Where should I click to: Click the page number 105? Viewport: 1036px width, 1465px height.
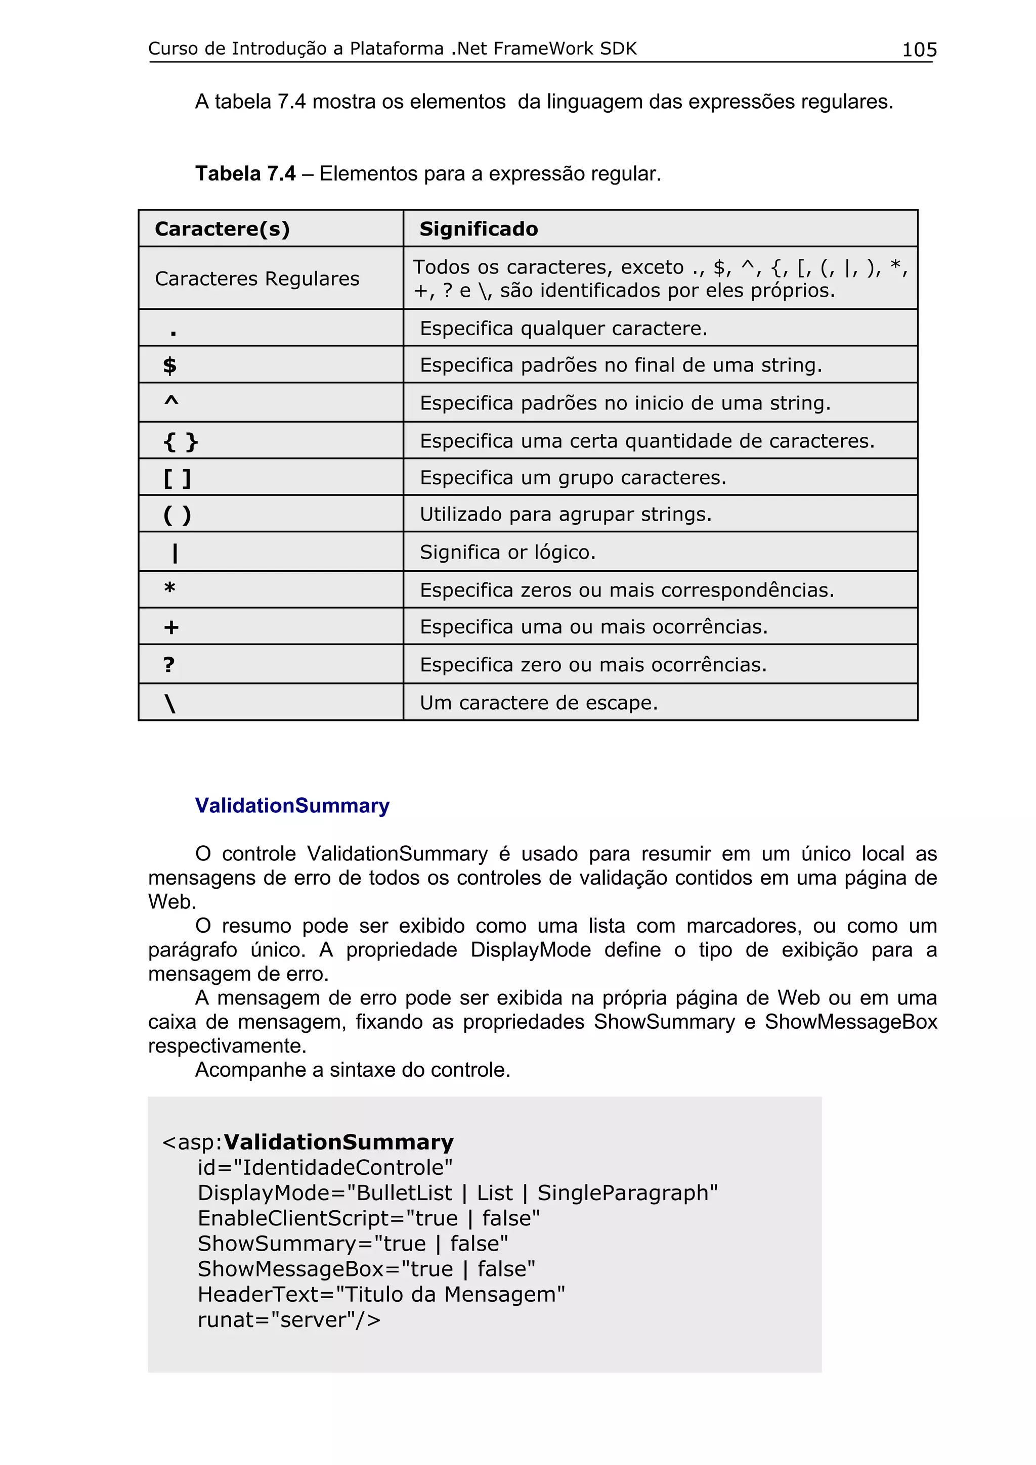(919, 49)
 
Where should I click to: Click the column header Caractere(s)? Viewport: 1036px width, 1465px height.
(222, 228)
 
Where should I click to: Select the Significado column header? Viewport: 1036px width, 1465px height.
(478, 228)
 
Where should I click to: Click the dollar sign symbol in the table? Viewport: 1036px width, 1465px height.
(170, 365)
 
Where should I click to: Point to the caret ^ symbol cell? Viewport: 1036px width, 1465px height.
(171, 402)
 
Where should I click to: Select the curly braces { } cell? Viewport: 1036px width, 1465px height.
(181, 441)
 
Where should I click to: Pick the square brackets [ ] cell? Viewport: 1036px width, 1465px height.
(177, 477)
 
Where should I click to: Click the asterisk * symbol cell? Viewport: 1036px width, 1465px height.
(170, 588)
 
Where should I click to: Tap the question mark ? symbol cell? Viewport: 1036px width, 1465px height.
(168, 664)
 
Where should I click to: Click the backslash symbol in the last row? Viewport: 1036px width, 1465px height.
(170, 703)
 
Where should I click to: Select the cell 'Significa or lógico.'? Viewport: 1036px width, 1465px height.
(507, 552)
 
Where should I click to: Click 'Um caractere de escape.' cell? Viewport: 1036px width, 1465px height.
(538, 703)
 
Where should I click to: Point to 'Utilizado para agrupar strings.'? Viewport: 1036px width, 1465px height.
(565, 514)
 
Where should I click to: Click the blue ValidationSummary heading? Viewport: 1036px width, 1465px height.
(292, 805)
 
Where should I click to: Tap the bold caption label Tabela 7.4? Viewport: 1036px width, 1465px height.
(245, 173)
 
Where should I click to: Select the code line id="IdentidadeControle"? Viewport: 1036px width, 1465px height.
(324, 1167)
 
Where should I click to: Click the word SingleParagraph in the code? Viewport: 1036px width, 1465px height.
(627, 1193)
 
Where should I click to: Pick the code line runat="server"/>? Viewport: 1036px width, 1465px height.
(288, 1319)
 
